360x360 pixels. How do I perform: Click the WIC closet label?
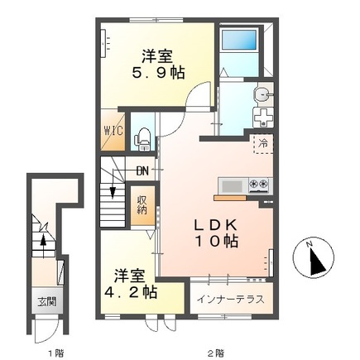pyautogui.click(x=113, y=131)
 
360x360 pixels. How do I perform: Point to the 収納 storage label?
pyautogui.click(x=142, y=203)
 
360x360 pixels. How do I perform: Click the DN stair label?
pyautogui.click(x=142, y=171)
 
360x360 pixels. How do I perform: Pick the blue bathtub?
pyautogui.click(x=240, y=39)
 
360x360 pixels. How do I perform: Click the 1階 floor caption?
pyautogui.click(x=54, y=352)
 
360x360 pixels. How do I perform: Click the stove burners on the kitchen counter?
pyautogui.click(x=257, y=184)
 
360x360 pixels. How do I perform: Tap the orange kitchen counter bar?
pyautogui.click(x=231, y=198)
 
